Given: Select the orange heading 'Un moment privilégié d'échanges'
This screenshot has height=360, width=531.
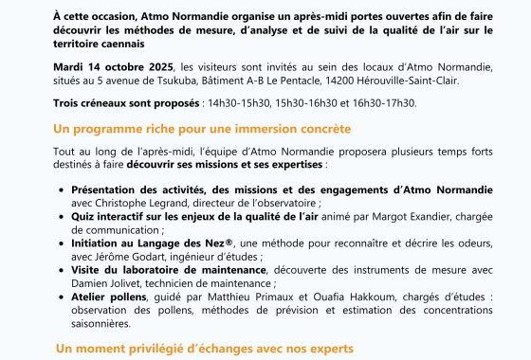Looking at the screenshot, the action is click(203, 348).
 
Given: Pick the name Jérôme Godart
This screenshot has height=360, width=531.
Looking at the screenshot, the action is click(128, 255).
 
